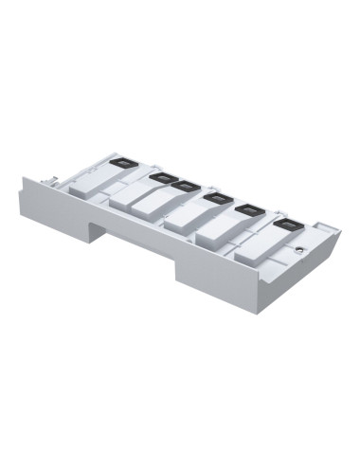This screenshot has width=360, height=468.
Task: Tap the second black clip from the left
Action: coord(159,176)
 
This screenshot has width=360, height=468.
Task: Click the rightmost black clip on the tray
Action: coord(284,224)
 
